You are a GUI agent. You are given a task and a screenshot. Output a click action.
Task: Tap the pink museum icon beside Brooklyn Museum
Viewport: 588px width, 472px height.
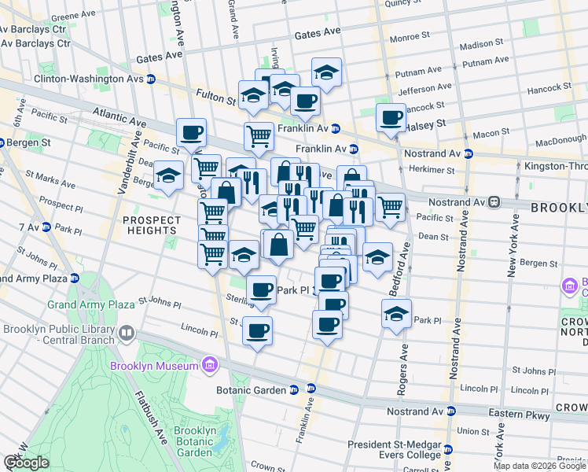click(x=208, y=366)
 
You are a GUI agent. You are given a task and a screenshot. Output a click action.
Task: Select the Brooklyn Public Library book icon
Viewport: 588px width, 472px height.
click(x=126, y=334)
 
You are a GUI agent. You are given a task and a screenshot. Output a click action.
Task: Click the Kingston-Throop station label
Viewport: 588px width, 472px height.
click(x=554, y=166)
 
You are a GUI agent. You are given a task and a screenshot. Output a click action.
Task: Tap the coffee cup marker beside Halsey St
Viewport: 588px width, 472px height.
click(x=390, y=118)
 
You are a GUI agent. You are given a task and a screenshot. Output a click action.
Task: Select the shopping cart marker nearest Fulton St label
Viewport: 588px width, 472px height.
click(x=258, y=136)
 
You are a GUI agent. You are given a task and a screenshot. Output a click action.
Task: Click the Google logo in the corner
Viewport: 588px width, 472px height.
click(x=26, y=463)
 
